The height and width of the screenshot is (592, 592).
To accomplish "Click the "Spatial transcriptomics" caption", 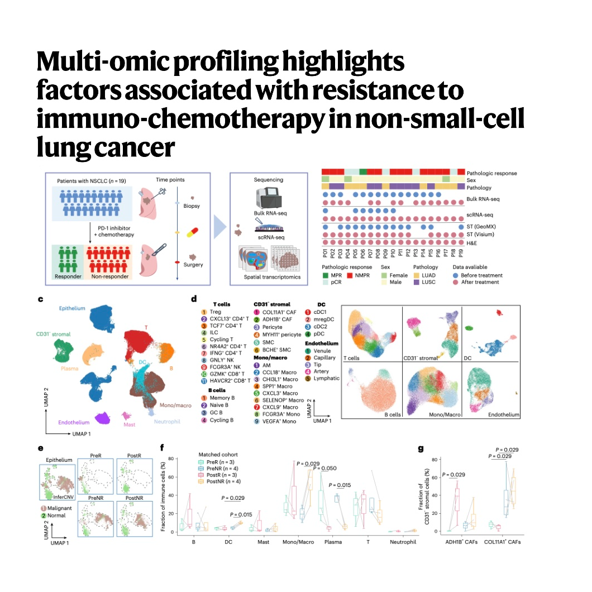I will [x=269, y=277].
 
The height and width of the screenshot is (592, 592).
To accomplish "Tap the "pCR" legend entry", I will [x=343, y=283].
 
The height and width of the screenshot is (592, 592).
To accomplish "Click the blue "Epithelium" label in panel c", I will [x=73, y=308].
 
